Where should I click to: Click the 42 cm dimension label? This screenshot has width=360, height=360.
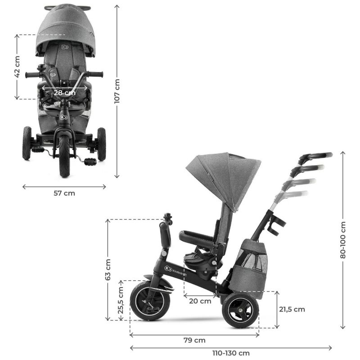[x=17, y=67]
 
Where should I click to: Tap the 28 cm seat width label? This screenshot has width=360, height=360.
[x=65, y=93]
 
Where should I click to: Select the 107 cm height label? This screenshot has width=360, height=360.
[x=117, y=91]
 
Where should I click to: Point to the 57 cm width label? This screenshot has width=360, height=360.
[x=64, y=193]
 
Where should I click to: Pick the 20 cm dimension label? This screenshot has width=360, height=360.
[x=200, y=301]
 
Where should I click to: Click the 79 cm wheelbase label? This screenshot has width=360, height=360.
[x=194, y=340]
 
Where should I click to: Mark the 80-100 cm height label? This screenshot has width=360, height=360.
[x=343, y=240]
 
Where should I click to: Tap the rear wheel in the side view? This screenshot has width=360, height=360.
[x=240, y=310]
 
